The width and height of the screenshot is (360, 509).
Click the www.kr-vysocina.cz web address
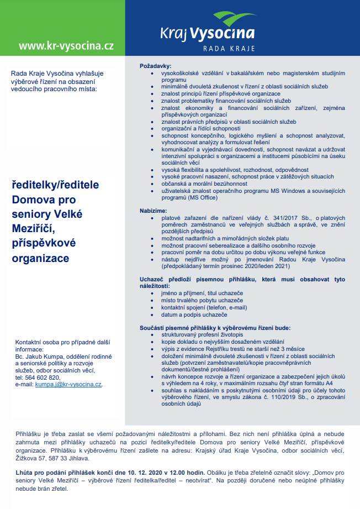tap(66, 46)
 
